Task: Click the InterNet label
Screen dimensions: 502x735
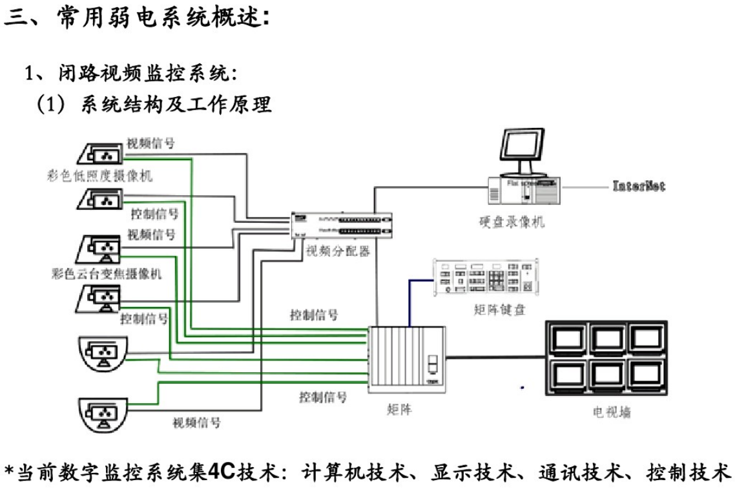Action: (638, 186)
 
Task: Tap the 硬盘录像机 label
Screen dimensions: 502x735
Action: (507, 222)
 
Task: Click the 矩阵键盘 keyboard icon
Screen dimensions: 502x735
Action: (486, 277)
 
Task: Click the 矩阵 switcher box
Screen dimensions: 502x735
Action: (406, 359)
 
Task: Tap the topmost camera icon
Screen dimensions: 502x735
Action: (99, 153)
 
